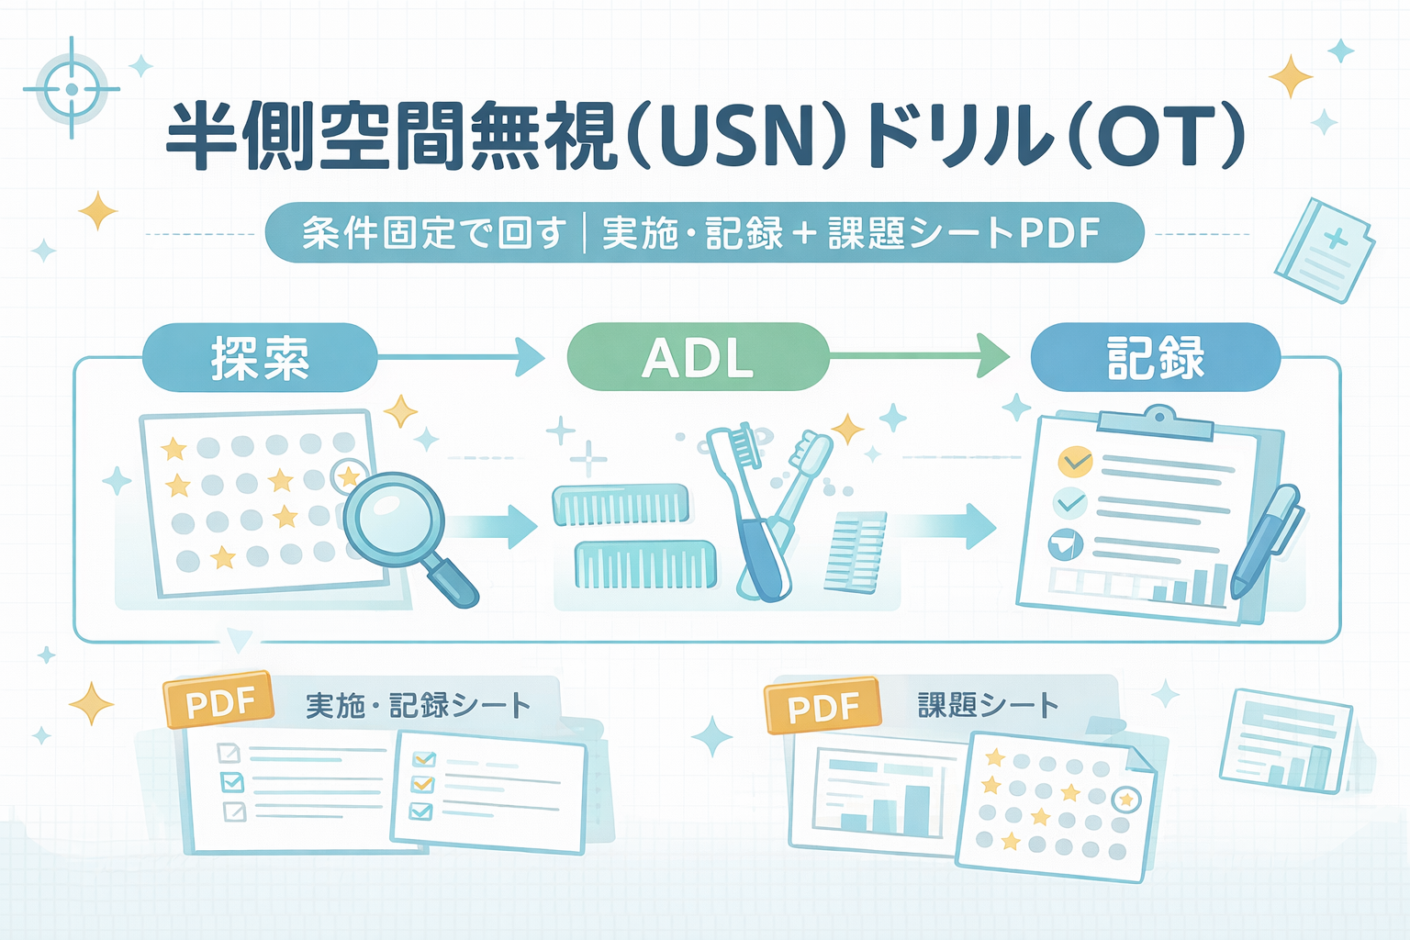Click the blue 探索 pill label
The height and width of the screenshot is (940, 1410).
tap(260, 357)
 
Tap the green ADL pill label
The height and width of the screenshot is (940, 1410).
tap(698, 357)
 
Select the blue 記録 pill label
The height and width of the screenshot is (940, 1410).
tap(1155, 357)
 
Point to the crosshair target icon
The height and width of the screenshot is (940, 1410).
tap(72, 89)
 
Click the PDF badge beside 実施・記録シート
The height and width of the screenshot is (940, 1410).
tap(218, 700)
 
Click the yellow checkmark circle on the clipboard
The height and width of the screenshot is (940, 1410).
tap(1075, 460)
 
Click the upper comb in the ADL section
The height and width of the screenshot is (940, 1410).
tap(621, 505)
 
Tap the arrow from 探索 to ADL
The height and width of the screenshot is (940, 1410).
tap(464, 356)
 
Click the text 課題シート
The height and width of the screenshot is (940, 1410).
tap(989, 705)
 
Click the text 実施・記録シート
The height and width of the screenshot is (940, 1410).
tap(418, 705)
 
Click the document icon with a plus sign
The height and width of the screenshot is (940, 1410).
tap(1324, 250)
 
